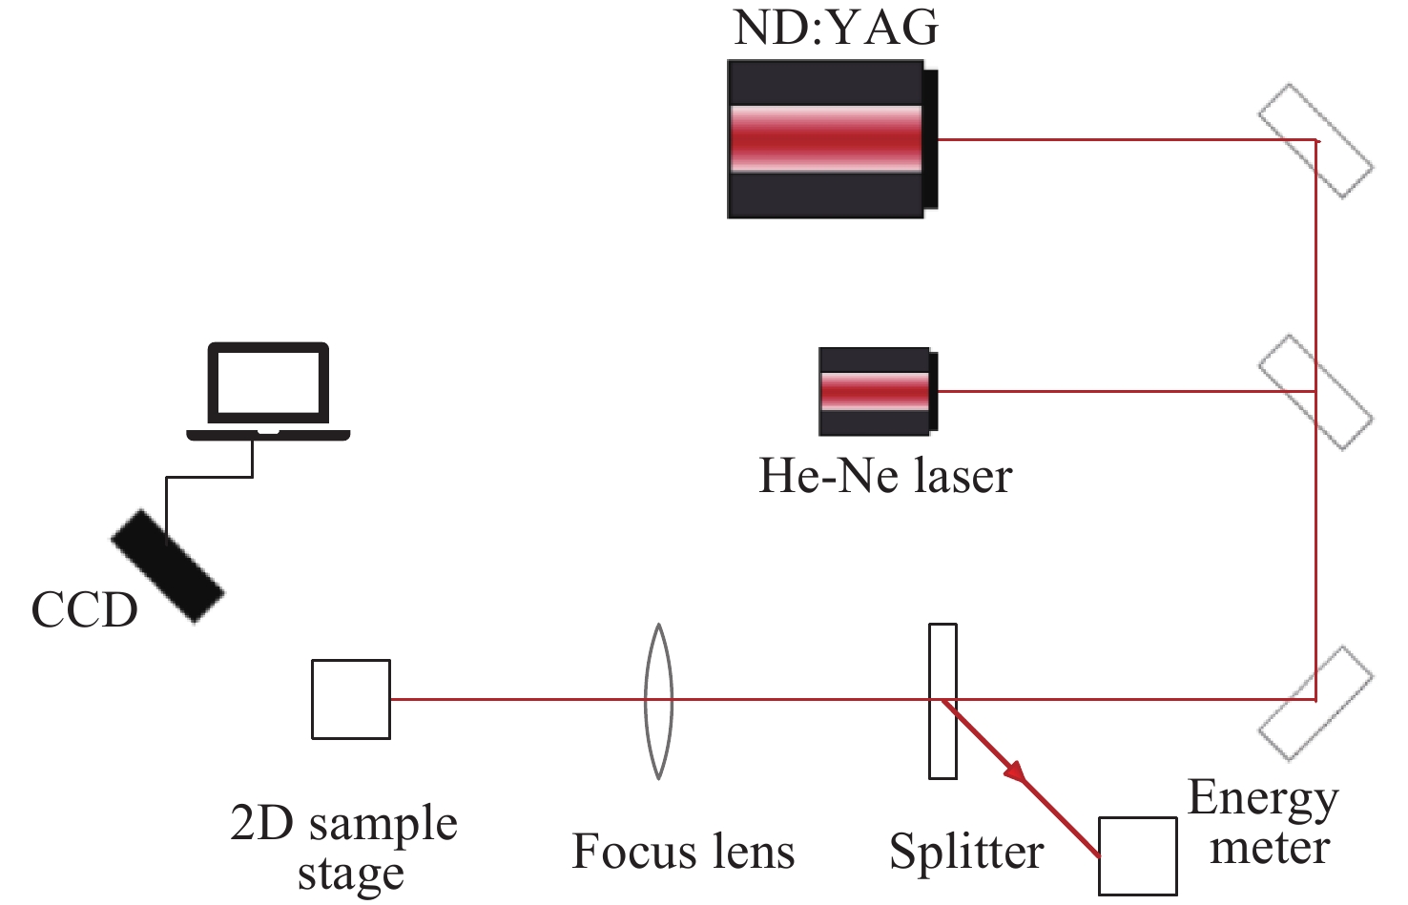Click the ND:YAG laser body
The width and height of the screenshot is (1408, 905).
[826, 139]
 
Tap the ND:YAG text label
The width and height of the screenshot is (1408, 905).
[836, 27]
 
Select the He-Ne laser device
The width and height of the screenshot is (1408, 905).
[876, 391]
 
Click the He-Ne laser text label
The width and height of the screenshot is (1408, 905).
[884, 475]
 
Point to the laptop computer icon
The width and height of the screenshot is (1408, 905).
[268, 391]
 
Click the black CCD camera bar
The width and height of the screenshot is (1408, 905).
[168, 566]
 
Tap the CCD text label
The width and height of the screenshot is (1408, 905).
[84, 610]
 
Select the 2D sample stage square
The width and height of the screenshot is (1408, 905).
[351, 699]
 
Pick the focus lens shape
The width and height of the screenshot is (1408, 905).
[658, 701]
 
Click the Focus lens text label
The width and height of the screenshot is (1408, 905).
[683, 852]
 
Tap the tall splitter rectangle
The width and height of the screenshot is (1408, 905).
[942, 701]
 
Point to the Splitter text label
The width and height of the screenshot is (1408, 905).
[966, 852]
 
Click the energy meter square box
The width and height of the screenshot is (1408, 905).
[1137, 855]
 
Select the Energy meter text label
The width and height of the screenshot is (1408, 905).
[1265, 822]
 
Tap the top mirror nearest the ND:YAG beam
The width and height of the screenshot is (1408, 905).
[1315, 141]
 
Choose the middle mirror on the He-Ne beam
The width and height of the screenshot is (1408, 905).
[1315, 391]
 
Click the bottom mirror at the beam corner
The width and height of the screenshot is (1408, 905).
[1315, 703]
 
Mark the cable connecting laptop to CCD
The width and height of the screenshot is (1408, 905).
[210, 477]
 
